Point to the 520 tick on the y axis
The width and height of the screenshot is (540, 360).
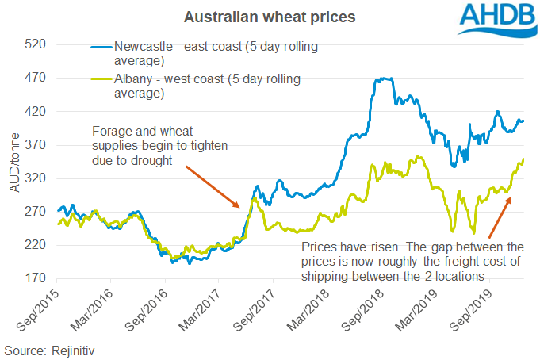click(x=34, y=45)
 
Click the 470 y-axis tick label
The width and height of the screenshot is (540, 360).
click(x=34, y=79)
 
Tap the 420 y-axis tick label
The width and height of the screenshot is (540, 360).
click(x=34, y=112)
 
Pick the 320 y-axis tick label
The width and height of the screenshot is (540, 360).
click(x=34, y=179)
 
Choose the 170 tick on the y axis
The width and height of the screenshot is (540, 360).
click(x=34, y=278)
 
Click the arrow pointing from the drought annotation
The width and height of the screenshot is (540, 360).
click(x=213, y=186)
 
